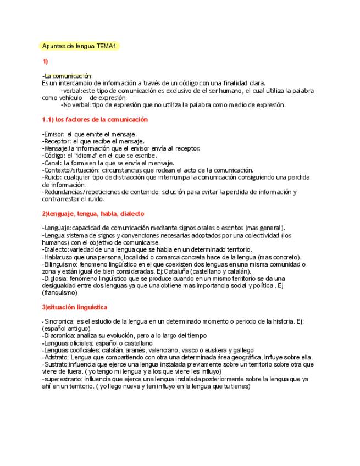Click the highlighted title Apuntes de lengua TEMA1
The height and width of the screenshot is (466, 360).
point(80,46)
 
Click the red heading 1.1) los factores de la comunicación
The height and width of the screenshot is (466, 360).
point(95,119)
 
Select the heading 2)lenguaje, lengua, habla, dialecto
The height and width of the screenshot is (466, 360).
point(93,213)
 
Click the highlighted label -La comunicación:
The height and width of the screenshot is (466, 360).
point(68,76)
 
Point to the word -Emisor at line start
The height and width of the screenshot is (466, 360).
point(53,134)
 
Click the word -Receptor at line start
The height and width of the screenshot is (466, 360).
point(56,141)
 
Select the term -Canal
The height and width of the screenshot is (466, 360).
point(51,163)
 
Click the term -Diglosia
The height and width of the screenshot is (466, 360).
point(54,279)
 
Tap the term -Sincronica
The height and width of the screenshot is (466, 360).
point(58,321)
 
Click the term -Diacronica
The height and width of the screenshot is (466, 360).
point(58,335)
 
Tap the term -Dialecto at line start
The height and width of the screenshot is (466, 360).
point(54,249)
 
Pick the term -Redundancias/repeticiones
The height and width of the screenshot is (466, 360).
point(84,192)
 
